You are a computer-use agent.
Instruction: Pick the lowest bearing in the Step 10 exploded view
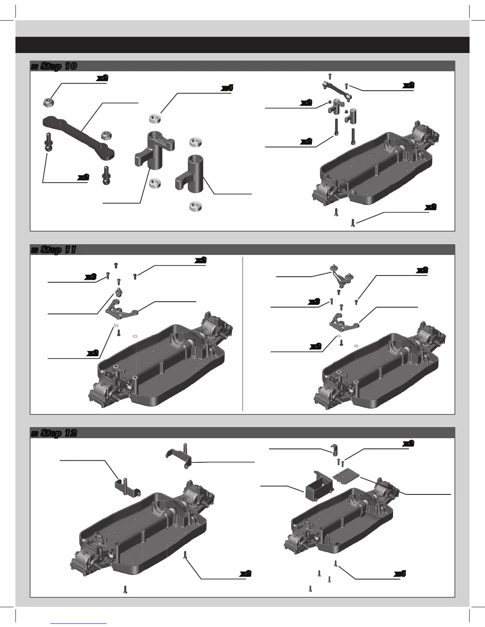(194, 206)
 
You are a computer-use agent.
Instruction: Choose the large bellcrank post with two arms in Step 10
(153, 148)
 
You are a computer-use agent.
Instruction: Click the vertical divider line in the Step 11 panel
(242, 334)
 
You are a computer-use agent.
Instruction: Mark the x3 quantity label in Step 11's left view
(91, 277)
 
